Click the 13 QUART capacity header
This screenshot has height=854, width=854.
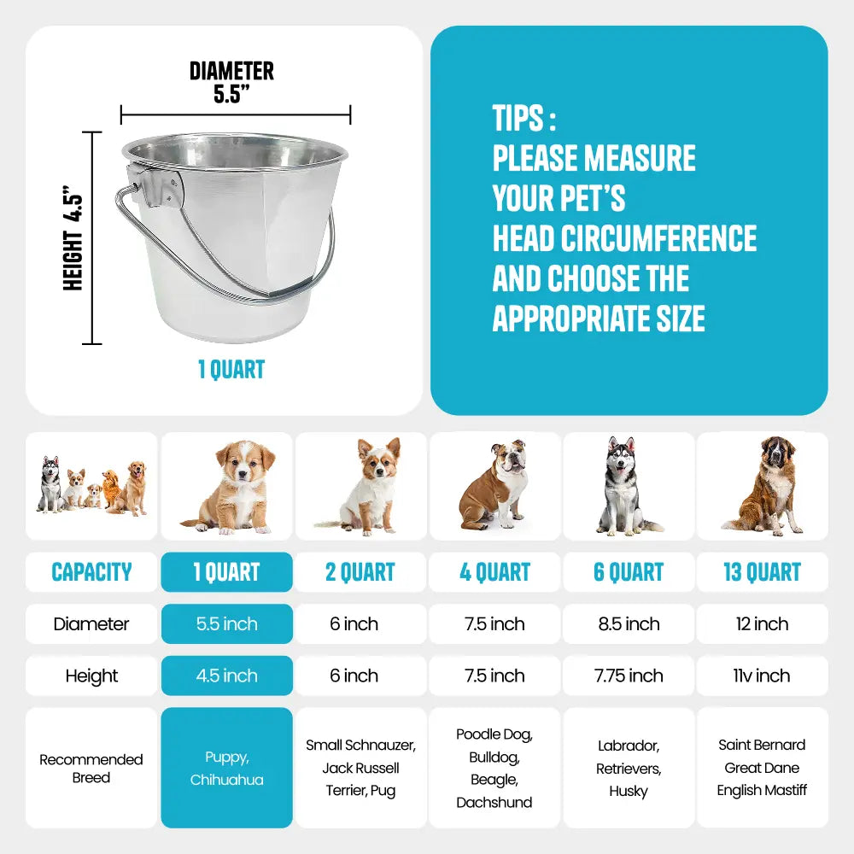(762, 572)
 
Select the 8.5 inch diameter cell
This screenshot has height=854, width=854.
(629, 623)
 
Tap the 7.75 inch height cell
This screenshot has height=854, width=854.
(629, 676)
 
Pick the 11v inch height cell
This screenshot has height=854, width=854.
(762, 676)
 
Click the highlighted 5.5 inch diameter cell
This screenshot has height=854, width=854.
(226, 623)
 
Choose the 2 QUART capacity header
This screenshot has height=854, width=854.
(360, 572)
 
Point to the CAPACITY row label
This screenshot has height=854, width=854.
(91, 572)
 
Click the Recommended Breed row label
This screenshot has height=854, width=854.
(91, 768)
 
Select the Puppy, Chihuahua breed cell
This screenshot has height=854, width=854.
(226, 768)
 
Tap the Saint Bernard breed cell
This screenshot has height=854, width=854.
(762, 768)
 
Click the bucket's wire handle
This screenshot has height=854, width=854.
(218, 261)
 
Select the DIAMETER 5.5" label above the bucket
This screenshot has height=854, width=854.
(232, 82)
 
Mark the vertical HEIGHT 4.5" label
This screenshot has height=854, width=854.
(73, 238)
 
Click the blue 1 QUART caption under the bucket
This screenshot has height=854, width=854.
(231, 369)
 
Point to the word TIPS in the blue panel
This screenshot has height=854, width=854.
(518, 118)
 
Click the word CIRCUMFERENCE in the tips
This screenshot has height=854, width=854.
(659, 238)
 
